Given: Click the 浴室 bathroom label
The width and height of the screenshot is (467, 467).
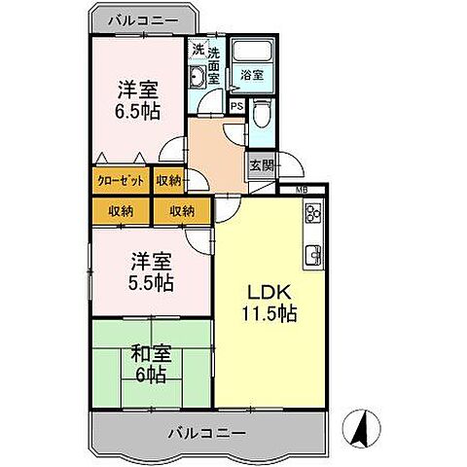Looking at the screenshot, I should (x=252, y=73).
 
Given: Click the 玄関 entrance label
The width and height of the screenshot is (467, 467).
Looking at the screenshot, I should (x=259, y=164).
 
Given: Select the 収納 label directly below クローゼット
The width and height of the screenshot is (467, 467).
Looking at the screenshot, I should (x=121, y=211).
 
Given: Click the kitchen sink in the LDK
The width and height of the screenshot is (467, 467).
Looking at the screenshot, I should (x=314, y=255).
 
